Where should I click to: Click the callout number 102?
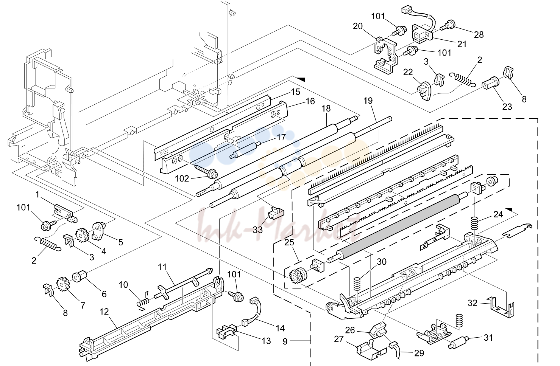(x=182, y=178)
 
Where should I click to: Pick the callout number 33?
(x=258, y=230)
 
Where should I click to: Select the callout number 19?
(x=368, y=101)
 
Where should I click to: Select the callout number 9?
(x=285, y=341)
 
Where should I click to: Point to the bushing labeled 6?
(x=79, y=278)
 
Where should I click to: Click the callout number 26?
(x=350, y=330)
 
